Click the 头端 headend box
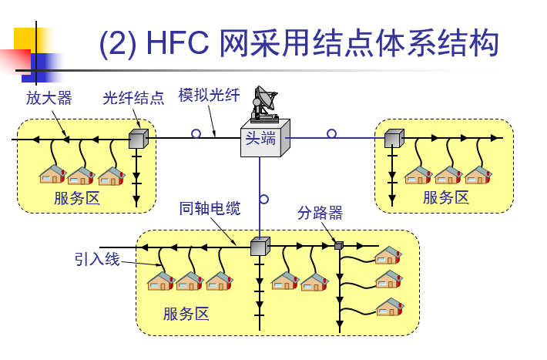pos(265,138)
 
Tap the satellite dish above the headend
pos(265,104)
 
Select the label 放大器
pos(49,98)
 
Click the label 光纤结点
pos(133,98)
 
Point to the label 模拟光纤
pos(209,95)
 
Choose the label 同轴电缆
pos(210,208)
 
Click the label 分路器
pos(320,213)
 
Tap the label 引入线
pos(97,259)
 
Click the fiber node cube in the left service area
pos(139,139)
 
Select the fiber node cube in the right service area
pos(394,138)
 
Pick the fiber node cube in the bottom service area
pos(260,247)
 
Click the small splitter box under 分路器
pos(339,245)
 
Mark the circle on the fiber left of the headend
pos(196,133)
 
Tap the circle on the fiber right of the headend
pos(331,133)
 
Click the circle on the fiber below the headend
pos(264,200)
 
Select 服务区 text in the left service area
pos(77,198)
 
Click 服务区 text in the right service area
pos(446,197)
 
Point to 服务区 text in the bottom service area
pos(186,314)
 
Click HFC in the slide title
pos(177,43)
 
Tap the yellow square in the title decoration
pos(25,39)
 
